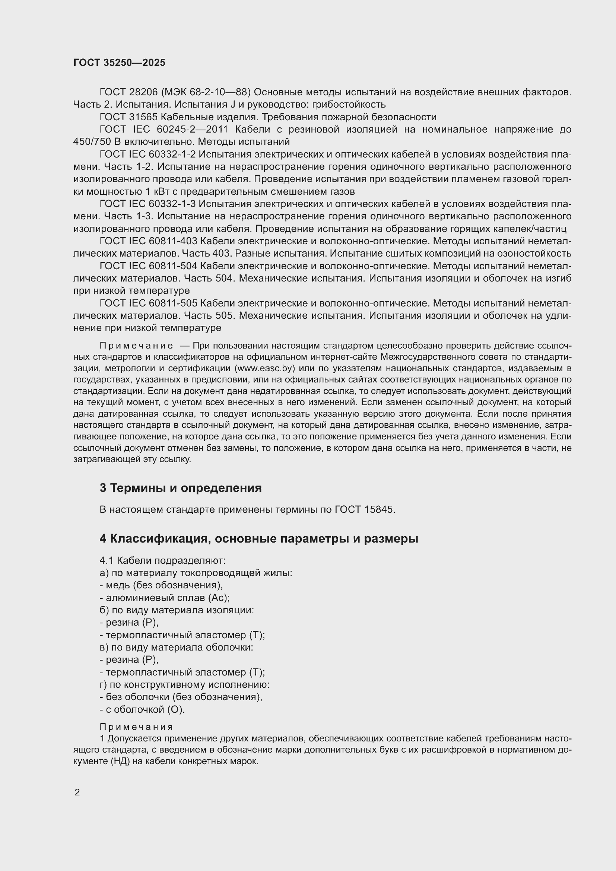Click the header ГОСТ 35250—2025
(119, 63)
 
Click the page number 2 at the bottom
(77, 792)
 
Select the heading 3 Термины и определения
(181, 488)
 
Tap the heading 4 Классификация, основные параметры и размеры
(259, 539)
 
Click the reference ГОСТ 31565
(128, 117)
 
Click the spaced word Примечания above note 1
(136, 727)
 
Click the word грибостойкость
(349, 104)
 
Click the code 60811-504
(173, 266)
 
